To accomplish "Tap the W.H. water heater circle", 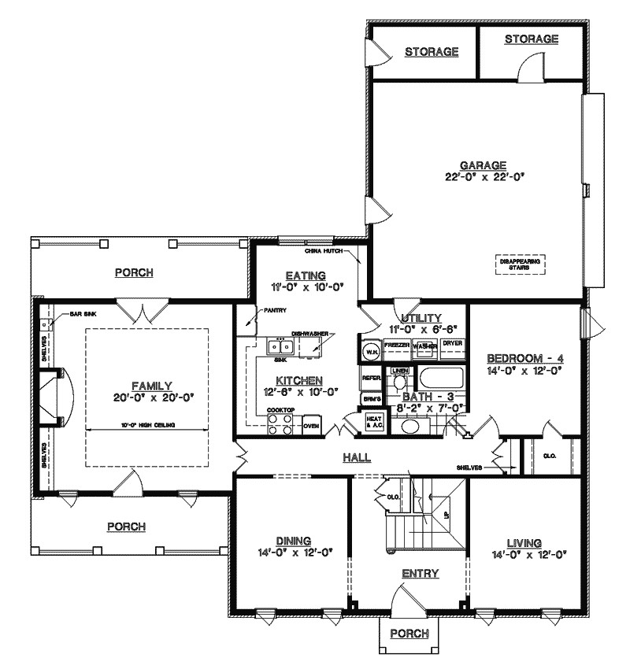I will pyautogui.click(x=370, y=352).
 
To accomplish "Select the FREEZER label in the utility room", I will pyautogui.click(x=397, y=346).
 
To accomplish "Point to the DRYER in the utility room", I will pyautogui.click(x=451, y=344).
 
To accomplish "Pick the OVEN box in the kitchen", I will pyautogui.click(x=311, y=427).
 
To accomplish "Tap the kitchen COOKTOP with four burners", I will pyautogui.click(x=280, y=424).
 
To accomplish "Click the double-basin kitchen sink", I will pyautogui.click(x=280, y=346).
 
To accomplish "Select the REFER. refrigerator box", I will pyautogui.click(x=372, y=379).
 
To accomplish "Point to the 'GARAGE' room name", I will pyautogui.click(x=483, y=165).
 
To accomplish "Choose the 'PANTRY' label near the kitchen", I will pyautogui.click(x=274, y=310).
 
